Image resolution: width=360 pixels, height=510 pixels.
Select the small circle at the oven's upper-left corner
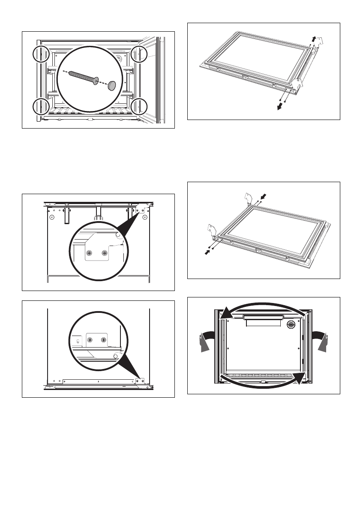41,54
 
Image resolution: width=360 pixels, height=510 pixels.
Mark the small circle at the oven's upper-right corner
139,54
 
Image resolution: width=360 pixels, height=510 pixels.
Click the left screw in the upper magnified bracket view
90,253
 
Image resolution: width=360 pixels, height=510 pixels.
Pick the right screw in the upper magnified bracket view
104,253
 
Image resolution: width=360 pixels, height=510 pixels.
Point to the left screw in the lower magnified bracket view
90,339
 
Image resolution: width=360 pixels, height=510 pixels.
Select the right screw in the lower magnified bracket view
103,339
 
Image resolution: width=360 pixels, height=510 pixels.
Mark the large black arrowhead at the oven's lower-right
302,378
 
